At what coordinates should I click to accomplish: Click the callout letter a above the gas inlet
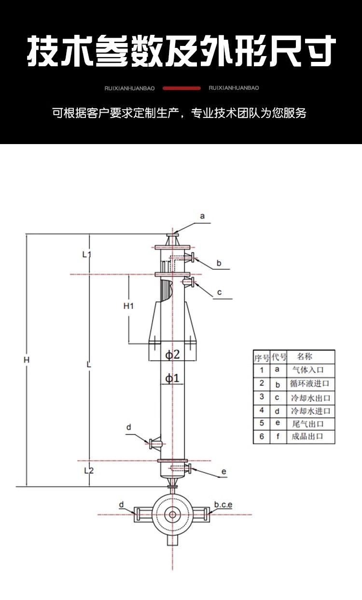point(202,216)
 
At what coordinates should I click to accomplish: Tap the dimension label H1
point(128,306)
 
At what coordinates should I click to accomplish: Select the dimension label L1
point(86,254)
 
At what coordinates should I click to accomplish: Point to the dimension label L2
point(89,470)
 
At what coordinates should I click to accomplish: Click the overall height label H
point(26,360)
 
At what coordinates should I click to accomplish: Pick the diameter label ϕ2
point(172,355)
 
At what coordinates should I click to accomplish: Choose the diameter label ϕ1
point(172,378)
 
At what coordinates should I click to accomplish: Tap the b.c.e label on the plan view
point(223,504)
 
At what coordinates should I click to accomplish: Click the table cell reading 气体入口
point(308,370)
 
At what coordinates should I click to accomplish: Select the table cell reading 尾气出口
point(308,424)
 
